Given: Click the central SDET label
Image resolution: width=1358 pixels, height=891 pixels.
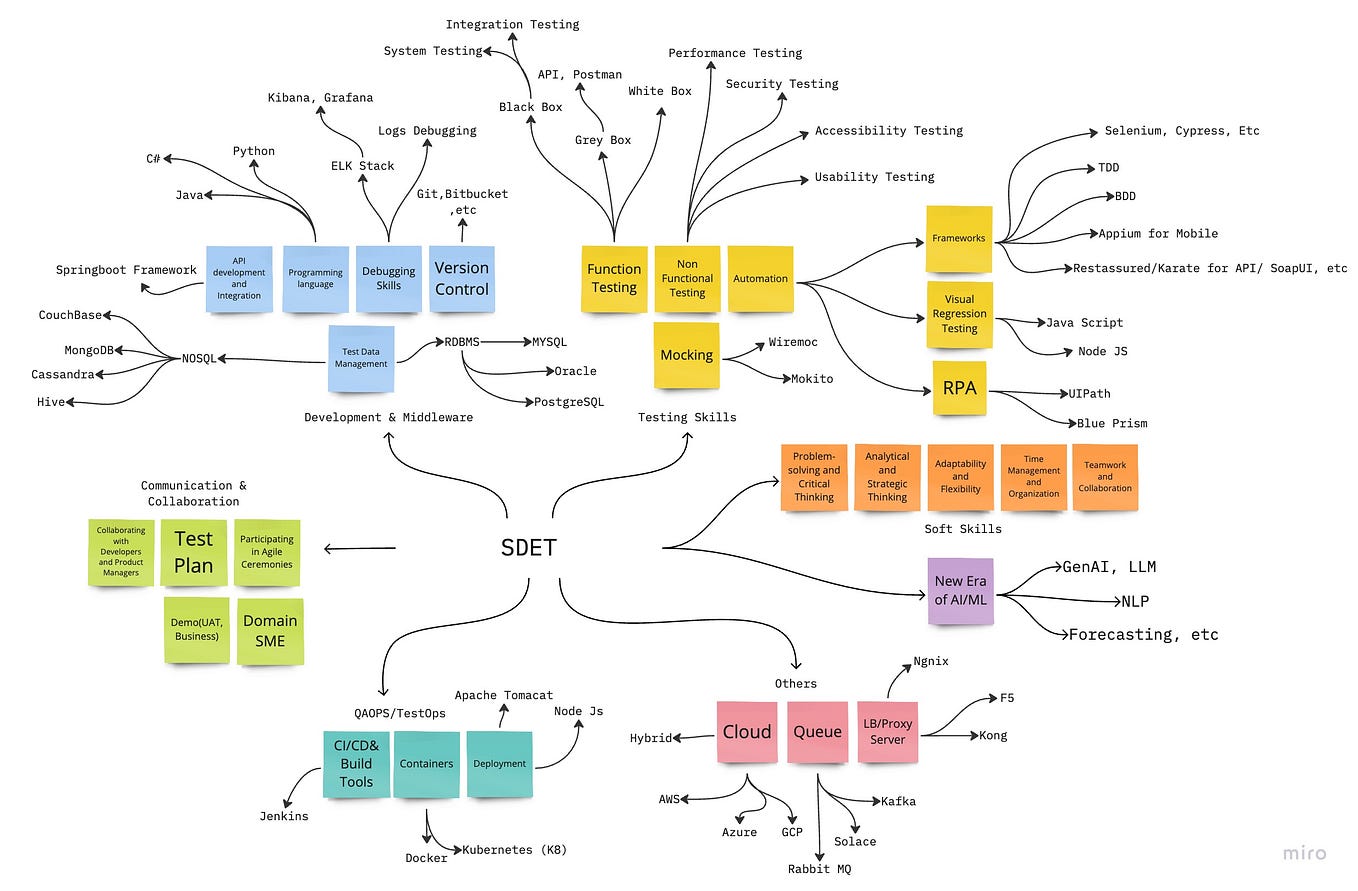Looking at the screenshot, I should [528, 547].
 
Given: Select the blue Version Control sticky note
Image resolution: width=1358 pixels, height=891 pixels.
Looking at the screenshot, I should [461, 279].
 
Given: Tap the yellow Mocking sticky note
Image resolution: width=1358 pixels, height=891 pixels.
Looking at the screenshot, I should [686, 355].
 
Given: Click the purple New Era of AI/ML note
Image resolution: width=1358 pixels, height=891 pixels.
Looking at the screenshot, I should [960, 591].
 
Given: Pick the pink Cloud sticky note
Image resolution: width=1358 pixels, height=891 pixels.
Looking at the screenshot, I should [747, 731].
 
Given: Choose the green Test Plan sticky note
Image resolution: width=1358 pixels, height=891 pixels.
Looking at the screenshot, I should [193, 552].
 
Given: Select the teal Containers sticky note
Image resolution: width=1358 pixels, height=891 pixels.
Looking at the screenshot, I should [427, 764].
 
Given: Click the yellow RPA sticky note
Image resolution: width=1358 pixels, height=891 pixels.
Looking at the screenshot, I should [958, 388].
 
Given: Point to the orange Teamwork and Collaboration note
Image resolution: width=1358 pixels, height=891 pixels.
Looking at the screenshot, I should [1105, 477].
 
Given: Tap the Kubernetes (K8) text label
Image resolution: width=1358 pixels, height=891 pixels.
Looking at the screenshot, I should [514, 850].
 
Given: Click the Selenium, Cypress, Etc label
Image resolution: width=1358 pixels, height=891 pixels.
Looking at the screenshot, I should [1182, 131].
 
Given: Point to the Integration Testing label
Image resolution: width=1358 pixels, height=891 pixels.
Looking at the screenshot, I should [512, 24].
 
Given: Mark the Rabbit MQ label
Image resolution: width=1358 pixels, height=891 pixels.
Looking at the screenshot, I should [820, 868].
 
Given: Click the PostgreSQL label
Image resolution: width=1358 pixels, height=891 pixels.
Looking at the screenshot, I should [568, 402].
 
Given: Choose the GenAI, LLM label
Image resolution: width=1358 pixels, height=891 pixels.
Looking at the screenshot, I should [1108, 567].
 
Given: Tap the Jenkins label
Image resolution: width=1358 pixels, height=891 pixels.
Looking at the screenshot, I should [284, 816].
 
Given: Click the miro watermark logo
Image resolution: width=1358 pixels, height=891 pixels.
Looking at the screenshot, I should [1305, 853].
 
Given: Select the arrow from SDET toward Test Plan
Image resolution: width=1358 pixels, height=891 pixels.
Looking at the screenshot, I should [360, 547].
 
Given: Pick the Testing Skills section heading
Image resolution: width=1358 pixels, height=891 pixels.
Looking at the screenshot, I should [687, 417].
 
